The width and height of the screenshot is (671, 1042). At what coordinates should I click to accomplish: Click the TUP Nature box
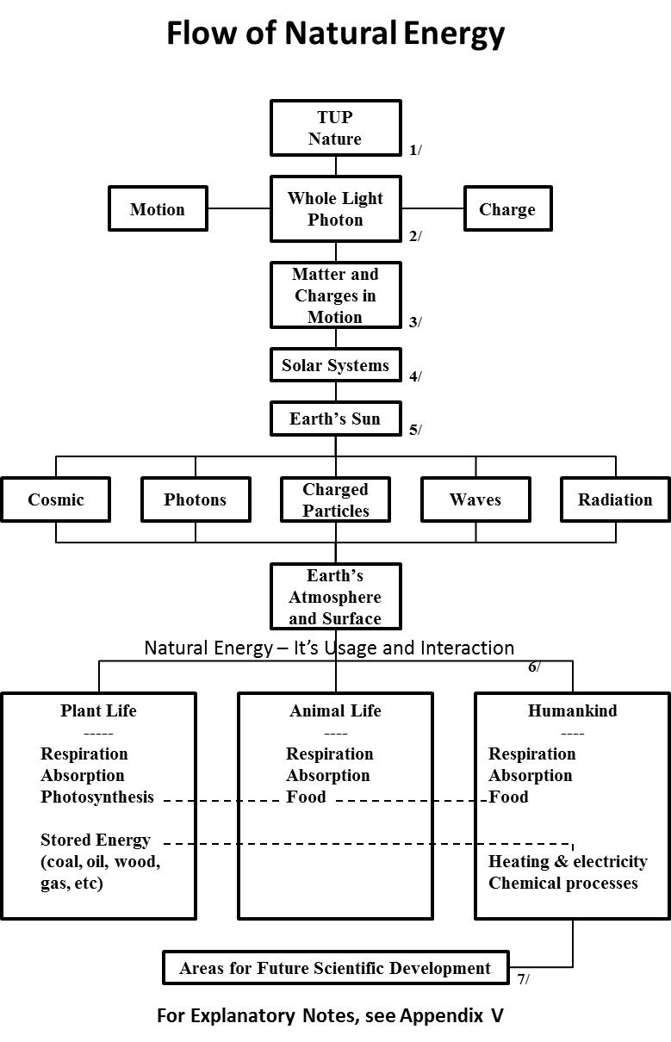[x=335, y=127]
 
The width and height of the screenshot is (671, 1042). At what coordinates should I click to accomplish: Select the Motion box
[x=158, y=209]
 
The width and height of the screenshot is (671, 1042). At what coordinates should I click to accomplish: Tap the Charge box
[x=507, y=209]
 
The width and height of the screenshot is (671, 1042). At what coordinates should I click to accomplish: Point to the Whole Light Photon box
[x=335, y=209]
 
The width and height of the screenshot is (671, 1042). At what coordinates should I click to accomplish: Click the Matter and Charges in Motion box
[x=335, y=295]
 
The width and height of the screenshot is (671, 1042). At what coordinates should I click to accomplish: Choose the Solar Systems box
[x=335, y=365]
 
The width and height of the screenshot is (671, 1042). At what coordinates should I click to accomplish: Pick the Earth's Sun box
[x=335, y=419]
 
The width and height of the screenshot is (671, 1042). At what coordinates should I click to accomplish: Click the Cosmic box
[x=56, y=499]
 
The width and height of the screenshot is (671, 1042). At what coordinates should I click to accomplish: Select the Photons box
[x=196, y=499]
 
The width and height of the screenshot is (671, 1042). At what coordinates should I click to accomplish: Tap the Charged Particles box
[x=335, y=499]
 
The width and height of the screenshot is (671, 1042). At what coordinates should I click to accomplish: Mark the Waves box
[x=475, y=499]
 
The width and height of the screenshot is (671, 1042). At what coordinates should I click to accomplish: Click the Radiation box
[x=615, y=499]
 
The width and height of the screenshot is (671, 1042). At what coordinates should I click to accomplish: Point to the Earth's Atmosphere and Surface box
[x=335, y=597]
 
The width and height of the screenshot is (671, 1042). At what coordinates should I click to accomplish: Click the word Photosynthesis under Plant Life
[x=97, y=797]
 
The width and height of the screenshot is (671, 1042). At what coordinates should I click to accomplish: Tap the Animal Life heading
[x=335, y=711]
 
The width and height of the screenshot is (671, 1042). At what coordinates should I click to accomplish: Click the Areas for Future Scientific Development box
[x=335, y=968]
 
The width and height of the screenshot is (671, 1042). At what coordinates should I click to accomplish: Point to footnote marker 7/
[x=523, y=979]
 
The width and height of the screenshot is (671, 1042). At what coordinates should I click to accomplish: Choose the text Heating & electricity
[x=568, y=861]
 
